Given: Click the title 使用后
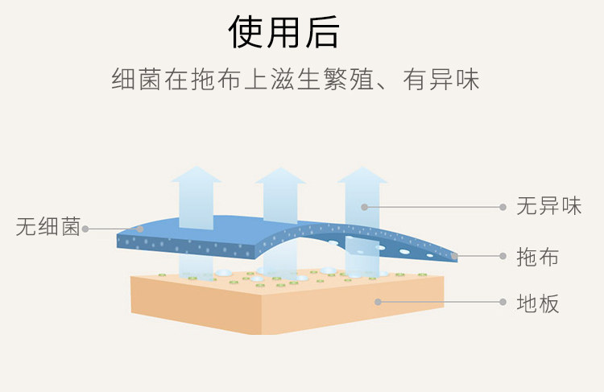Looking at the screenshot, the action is (x=284, y=32).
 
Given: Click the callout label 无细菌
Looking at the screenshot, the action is (x=48, y=228).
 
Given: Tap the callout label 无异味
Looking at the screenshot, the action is (x=548, y=206).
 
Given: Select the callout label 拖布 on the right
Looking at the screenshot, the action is (x=537, y=258).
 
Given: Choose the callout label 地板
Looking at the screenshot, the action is (x=537, y=303).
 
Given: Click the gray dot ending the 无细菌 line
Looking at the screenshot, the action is (x=140, y=228).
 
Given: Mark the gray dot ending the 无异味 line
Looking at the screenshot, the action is (x=365, y=207).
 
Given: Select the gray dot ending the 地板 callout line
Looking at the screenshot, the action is (x=378, y=303).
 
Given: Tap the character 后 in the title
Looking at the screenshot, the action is (x=321, y=32).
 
